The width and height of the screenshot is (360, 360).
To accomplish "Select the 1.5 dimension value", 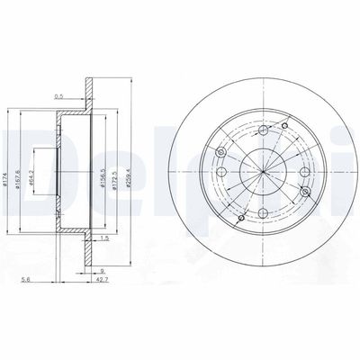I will tap(104, 239).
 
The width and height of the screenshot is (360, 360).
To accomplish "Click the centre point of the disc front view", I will tap(261, 169).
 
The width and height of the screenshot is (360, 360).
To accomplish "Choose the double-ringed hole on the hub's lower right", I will tap(306, 192).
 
